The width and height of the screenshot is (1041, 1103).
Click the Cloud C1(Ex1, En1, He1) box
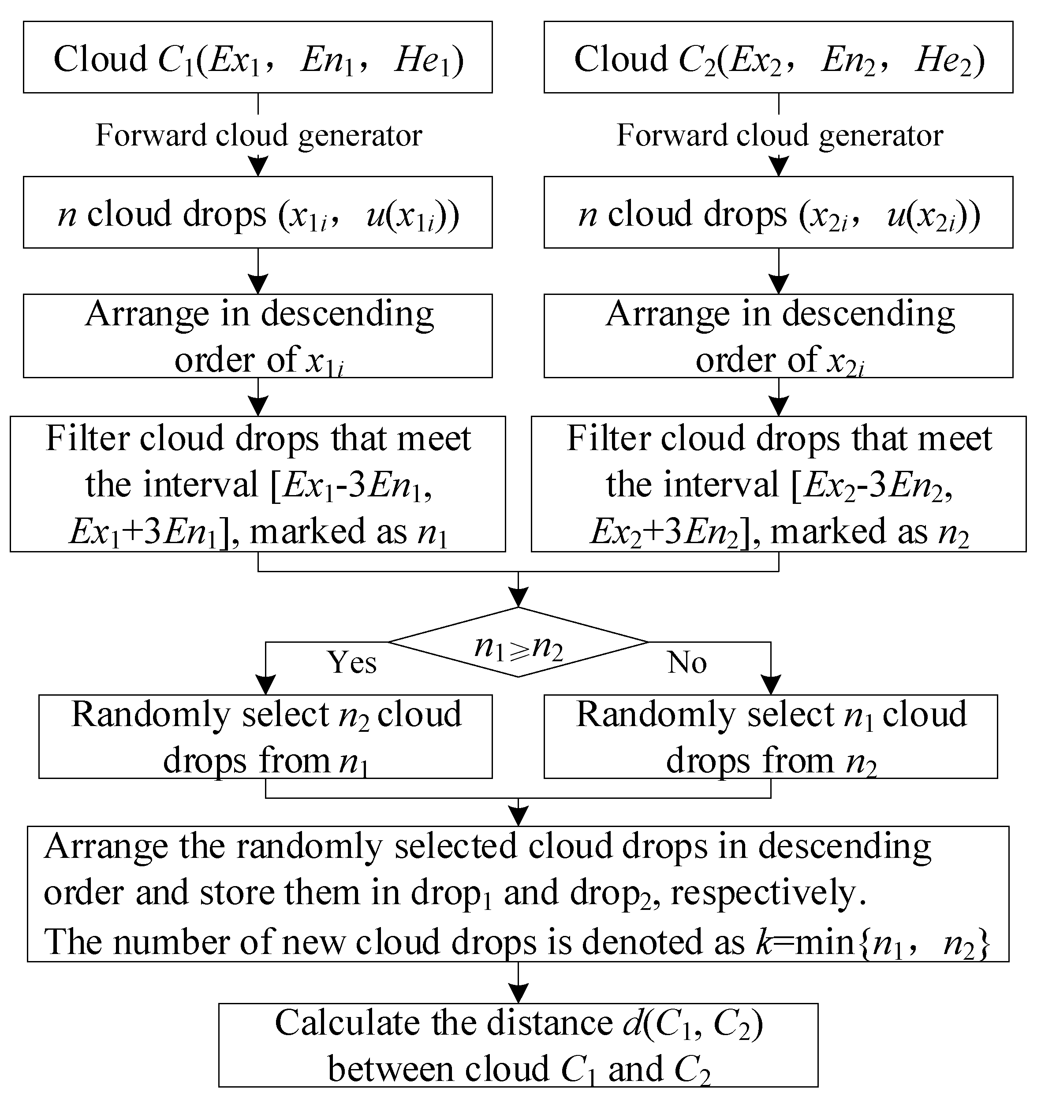tap(257, 57)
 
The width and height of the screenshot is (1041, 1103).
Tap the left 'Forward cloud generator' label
tap(258, 135)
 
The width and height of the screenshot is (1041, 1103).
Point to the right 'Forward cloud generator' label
tap(780, 135)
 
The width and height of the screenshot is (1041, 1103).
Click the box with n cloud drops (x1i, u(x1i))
tap(257, 212)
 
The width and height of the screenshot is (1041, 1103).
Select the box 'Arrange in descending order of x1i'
tap(257, 335)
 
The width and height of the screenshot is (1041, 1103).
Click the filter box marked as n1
tap(257, 484)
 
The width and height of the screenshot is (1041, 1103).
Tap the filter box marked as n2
tap(779, 484)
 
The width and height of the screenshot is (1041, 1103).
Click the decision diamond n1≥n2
tap(518, 642)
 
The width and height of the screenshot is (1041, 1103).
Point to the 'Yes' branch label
tap(352, 662)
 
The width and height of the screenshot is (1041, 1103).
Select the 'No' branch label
tap(687, 662)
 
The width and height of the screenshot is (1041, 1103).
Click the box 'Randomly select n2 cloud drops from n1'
tap(265, 736)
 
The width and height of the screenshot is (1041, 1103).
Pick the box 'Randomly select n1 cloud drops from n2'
tap(771, 736)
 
